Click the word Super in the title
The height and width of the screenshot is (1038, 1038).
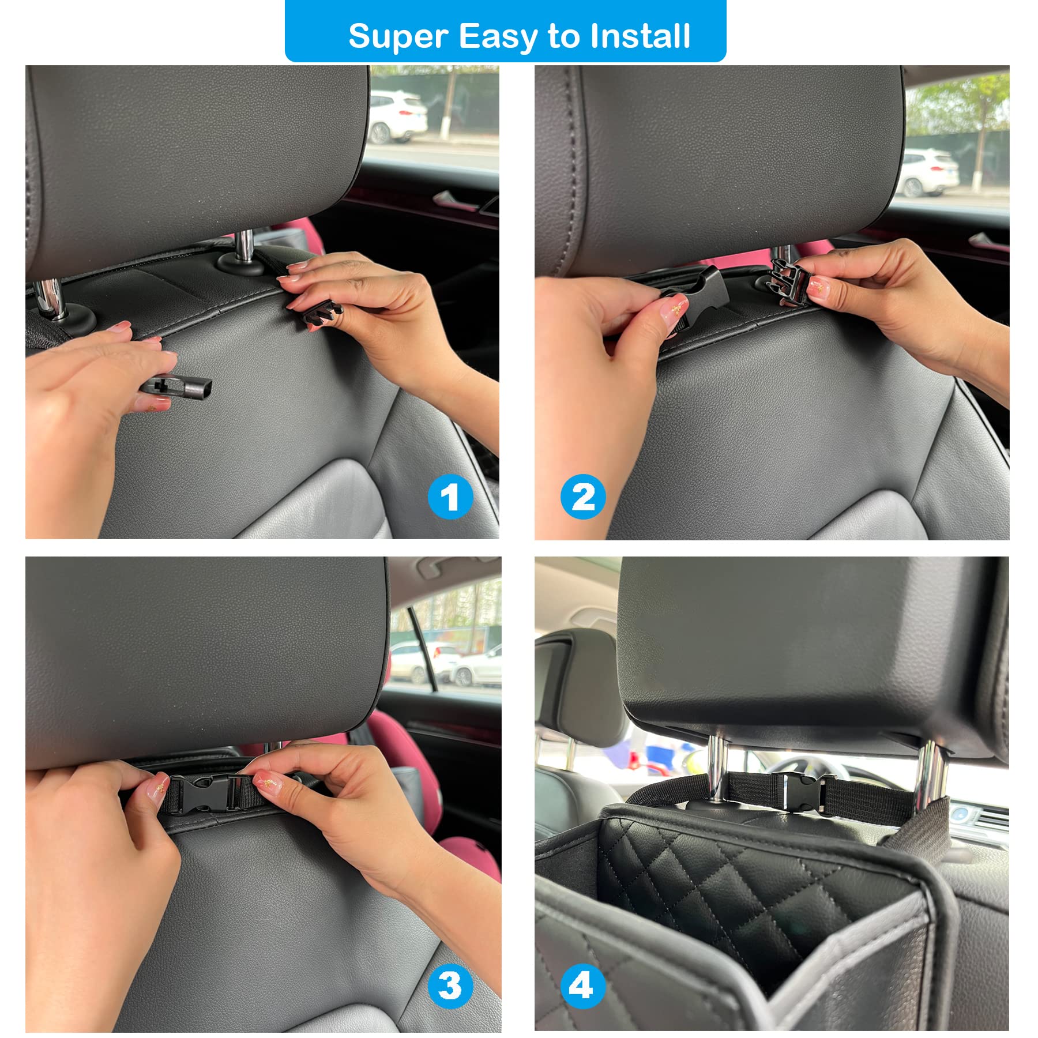click(x=398, y=37)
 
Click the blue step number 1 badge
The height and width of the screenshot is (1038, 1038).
click(x=450, y=497)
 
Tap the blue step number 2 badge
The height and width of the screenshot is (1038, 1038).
click(x=583, y=497)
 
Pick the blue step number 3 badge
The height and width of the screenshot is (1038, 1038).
click(x=450, y=986)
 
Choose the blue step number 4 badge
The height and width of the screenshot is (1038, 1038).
click(x=583, y=986)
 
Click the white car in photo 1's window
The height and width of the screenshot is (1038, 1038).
click(x=397, y=117)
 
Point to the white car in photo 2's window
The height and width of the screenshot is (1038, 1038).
click(x=928, y=172)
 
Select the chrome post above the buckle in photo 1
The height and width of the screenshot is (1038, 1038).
click(x=244, y=247)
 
